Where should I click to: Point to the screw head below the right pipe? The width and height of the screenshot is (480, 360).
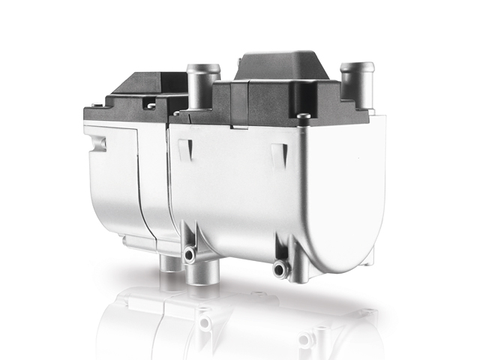(x=303, y=116)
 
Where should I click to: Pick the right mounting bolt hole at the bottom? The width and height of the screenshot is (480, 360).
(x=280, y=268)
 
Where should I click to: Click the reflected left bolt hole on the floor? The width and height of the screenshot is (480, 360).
(x=204, y=322)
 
